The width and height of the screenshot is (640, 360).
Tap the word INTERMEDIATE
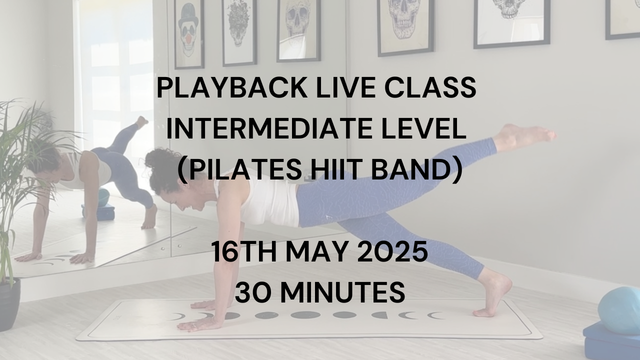[x=269, y=129]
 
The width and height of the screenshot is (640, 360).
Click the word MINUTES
[x=342, y=293]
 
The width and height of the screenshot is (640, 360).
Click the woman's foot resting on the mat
[x=492, y=295]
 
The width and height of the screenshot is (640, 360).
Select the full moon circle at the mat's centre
[x=305, y=315]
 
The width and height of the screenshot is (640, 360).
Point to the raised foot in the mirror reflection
[x=142, y=122]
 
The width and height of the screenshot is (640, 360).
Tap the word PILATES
[x=245, y=170]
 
